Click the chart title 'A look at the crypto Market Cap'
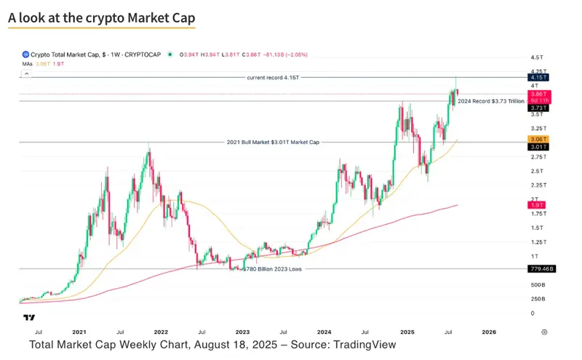point(102,17)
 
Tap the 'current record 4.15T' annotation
point(272,76)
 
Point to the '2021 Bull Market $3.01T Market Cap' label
point(272,143)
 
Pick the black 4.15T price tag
point(539,77)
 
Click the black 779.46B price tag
point(542,269)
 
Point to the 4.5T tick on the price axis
point(538,57)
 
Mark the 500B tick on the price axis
point(538,284)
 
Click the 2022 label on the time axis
point(161,331)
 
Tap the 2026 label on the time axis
point(489,331)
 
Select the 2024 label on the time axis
point(324,331)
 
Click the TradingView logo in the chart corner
point(29,318)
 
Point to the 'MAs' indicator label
point(28,64)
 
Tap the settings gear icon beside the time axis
point(544,331)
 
